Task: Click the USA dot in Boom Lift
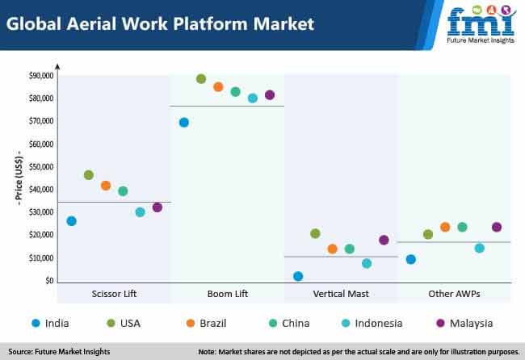[x=201, y=79]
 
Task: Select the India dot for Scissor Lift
[x=71, y=221]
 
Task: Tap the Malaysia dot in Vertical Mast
[x=384, y=240]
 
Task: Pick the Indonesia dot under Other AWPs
[x=480, y=248]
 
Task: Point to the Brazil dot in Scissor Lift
[x=106, y=186]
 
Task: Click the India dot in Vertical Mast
[x=298, y=276]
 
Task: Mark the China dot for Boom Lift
[x=235, y=92]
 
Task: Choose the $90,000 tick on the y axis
[x=41, y=76]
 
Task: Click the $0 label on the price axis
[x=49, y=280]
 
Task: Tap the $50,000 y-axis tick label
[x=41, y=166]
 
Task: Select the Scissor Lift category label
[x=114, y=294]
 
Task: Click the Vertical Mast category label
[x=341, y=294]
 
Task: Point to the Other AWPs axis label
[x=455, y=294]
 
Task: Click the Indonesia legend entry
[x=372, y=323]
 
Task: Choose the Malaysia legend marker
[x=441, y=323]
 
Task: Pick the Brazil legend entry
[x=206, y=323]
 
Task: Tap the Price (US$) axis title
[x=19, y=178]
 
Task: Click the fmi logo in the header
[x=481, y=25]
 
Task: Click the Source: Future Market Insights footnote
[x=59, y=352]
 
